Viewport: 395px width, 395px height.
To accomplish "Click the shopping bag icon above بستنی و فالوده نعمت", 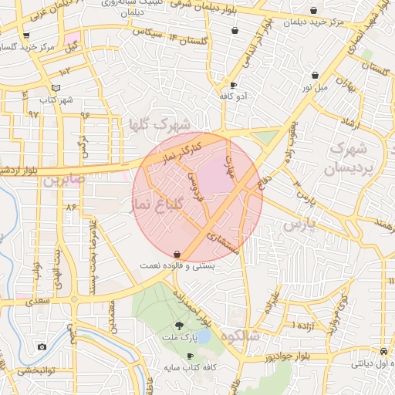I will (177, 253).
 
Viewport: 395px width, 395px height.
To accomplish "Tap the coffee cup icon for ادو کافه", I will (234, 86).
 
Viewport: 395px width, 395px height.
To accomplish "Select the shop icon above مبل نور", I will (316, 76).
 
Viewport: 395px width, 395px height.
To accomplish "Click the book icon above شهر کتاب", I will (54, 88).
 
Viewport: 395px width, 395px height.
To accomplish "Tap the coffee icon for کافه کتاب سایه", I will (191, 356).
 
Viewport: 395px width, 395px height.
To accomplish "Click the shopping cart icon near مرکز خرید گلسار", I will (26, 35).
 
